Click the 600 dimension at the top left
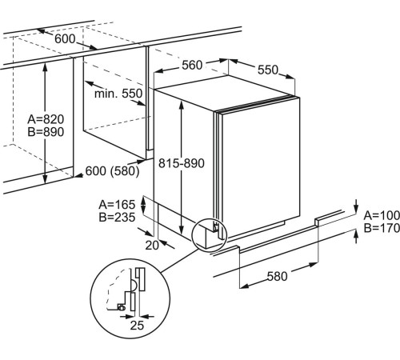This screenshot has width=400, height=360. pos(65,39)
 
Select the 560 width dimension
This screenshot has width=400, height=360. pos(192,65)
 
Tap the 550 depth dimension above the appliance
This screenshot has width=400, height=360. pos(268,70)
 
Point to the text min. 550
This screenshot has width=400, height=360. pos(118,94)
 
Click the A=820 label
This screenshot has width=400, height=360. pos(46,119)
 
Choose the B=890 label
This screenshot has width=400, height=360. pos(46,132)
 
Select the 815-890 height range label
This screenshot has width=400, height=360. pos(182,163)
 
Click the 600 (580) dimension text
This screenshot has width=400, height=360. pos(112,171)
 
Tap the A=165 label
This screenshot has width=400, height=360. pos(117,205)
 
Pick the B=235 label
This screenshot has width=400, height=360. pos(117,218)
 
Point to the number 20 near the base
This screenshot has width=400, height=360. pos(152,246)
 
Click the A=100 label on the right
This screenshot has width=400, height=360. pos(382,215)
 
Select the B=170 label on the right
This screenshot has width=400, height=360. pos(382,228)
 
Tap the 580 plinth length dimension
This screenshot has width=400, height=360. pos(278,276)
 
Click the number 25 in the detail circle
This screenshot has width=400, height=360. pos(137,325)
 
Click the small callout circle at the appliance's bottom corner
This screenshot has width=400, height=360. pos(210,235)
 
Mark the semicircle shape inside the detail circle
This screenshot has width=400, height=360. pos(134,285)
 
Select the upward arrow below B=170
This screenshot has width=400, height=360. pos(356,237)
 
